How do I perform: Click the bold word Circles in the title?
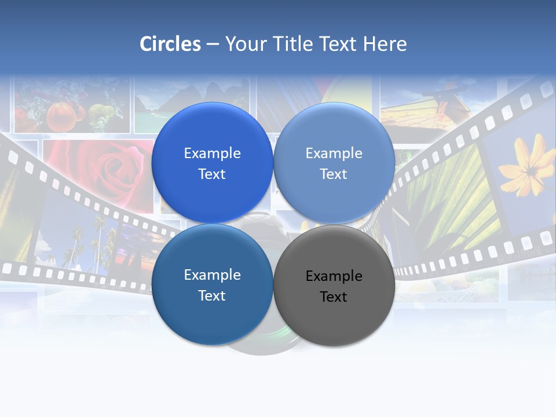(x=170, y=44)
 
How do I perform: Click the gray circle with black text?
(x=334, y=316)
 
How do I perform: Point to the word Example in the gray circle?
(x=334, y=276)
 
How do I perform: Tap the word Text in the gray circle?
(x=334, y=297)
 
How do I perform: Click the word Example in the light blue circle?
(x=334, y=153)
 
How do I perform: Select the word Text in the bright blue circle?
(x=212, y=174)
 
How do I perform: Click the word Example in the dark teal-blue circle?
(x=212, y=275)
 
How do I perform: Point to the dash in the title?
(x=213, y=44)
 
